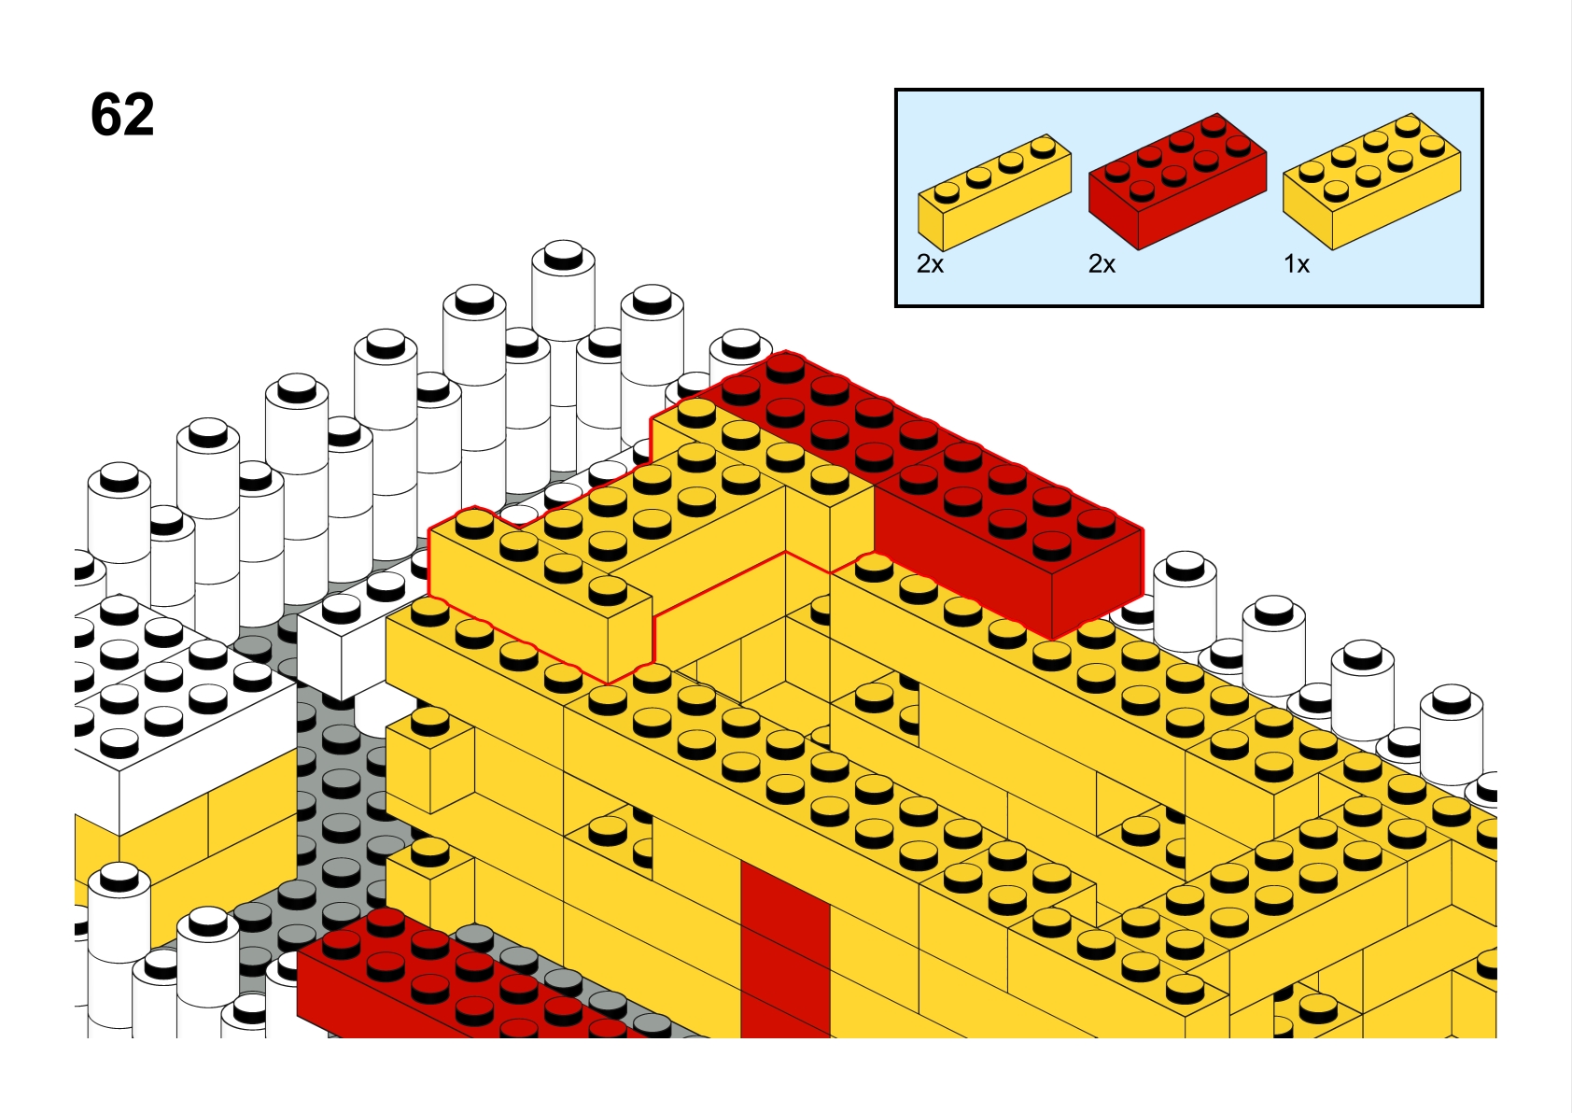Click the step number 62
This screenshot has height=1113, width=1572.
(122, 115)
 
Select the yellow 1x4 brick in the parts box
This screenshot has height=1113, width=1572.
(994, 192)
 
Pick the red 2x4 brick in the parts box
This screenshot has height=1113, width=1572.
(1177, 181)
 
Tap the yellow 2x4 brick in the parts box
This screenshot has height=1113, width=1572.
(1372, 181)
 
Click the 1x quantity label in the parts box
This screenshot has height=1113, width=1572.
(1297, 264)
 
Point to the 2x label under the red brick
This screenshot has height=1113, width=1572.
(1102, 264)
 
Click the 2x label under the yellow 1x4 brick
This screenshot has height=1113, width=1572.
(930, 264)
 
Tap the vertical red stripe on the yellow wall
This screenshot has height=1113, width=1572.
(785, 951)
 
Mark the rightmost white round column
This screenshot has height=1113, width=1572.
(1452, 730)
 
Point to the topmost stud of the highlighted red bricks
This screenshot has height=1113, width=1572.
(785, 368)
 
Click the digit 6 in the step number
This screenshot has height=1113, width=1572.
(106, 115)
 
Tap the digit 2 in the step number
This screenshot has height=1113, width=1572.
(139, 115)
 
